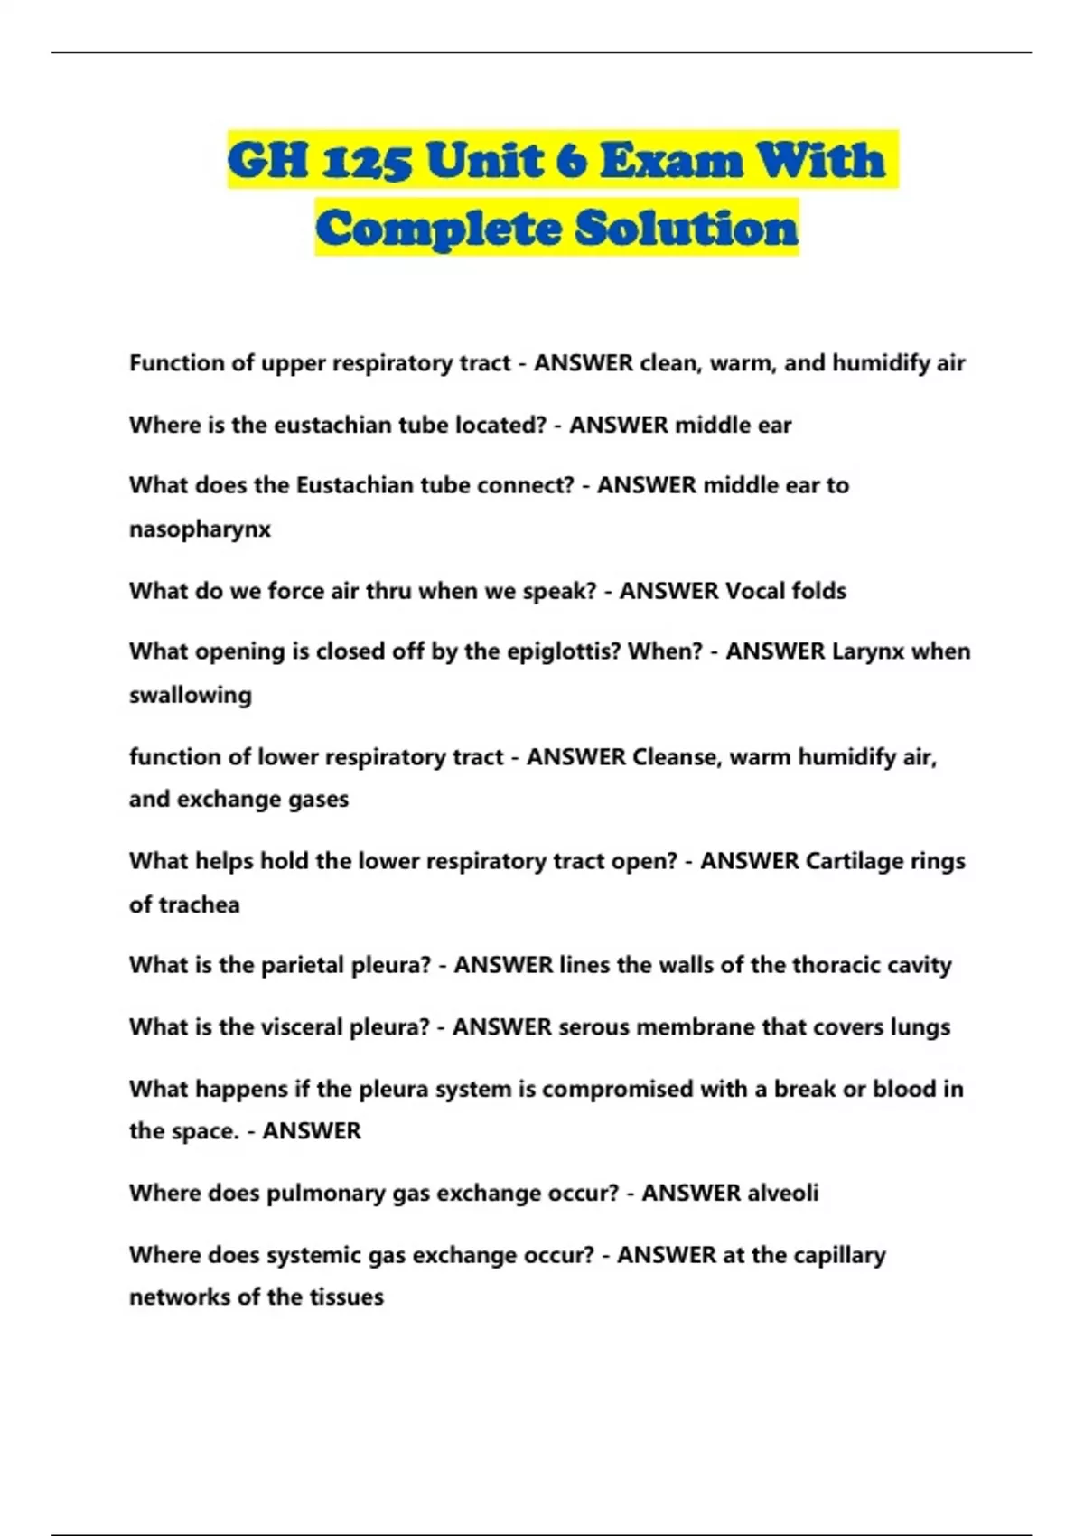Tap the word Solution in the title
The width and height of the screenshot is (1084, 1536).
pos(687,228)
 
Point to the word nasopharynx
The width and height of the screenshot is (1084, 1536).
pos(200,529)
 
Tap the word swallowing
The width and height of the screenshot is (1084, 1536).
pos(190,695)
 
